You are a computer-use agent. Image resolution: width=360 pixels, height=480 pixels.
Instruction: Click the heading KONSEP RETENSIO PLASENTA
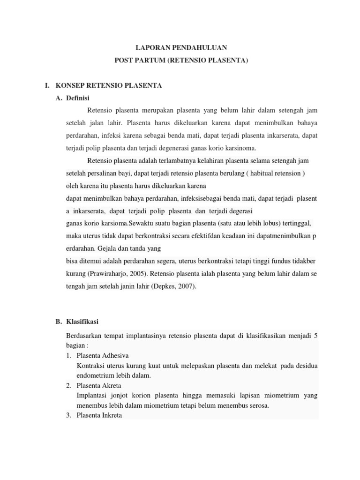(x=109, y=85)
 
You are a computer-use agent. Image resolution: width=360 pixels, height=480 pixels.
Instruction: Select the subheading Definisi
(x=79, y=98)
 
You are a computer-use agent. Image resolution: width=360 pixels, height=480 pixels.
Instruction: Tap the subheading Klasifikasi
(x=83, y=321)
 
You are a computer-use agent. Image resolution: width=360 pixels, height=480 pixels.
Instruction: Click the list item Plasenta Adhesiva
(x=103, y=355)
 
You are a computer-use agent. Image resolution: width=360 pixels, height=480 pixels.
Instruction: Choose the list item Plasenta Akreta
(x=99, y=385)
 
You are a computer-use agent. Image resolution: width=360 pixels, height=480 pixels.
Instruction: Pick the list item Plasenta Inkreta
(x=99, y=415)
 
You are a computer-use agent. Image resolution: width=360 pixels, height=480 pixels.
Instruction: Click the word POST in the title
(x=125, y=60)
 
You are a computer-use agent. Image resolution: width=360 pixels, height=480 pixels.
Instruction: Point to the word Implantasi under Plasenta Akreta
(x=92, y=395)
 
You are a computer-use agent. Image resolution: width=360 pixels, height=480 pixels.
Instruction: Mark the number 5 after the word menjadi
(x=316, y=336)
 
